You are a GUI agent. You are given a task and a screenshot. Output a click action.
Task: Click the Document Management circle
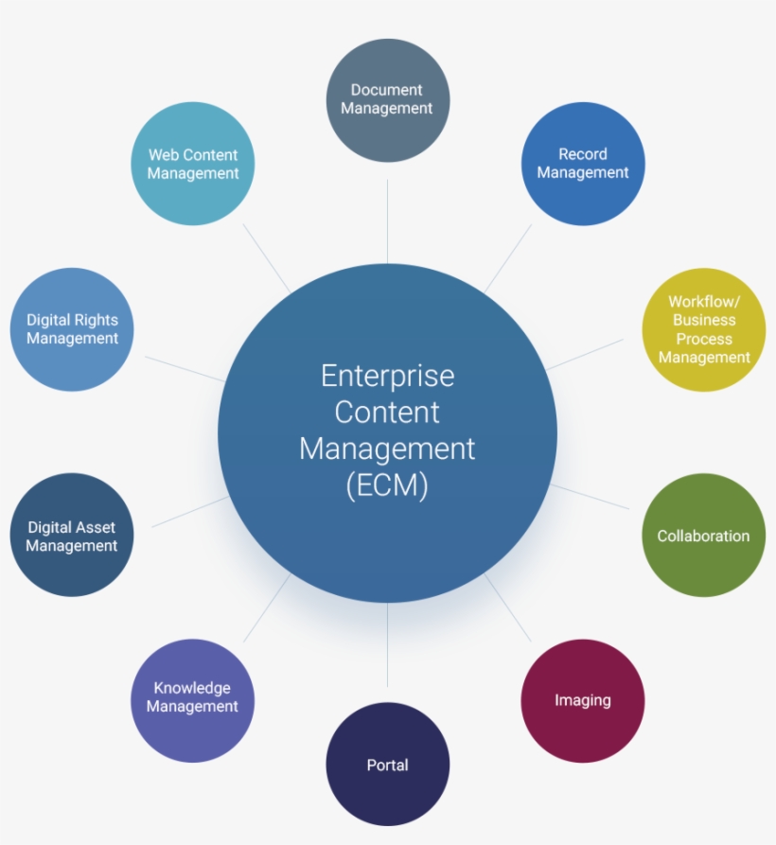(x=387, y=99)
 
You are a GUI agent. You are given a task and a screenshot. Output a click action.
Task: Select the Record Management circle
(x=583, y=164)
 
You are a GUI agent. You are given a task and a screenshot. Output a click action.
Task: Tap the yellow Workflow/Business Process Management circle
(x=703, y=329)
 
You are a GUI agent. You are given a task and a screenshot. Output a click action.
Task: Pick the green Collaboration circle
(x=703, y=536)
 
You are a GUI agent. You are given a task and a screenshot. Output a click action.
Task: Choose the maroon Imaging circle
(x=582, y=700)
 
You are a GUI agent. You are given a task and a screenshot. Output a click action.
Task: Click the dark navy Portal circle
(x=387, y=765)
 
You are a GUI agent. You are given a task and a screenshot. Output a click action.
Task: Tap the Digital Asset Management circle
(x=72, y=536)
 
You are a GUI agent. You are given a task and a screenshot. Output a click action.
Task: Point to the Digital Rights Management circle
(x=72, y=329)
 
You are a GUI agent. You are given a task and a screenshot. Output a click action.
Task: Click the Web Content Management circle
(x=193, y=164)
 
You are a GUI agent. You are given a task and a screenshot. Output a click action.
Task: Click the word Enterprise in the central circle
(x=387, y=377)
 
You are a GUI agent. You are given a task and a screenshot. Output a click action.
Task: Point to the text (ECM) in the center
(x=387, y=485)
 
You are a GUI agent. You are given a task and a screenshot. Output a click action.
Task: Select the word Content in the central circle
(x=387, y=413)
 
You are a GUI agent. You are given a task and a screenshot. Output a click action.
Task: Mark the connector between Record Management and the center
(x=509, y=256)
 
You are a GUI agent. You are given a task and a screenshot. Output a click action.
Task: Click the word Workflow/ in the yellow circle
(x=703, y=302)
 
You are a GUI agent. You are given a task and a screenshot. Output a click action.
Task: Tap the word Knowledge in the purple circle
(x=192, y=688)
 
